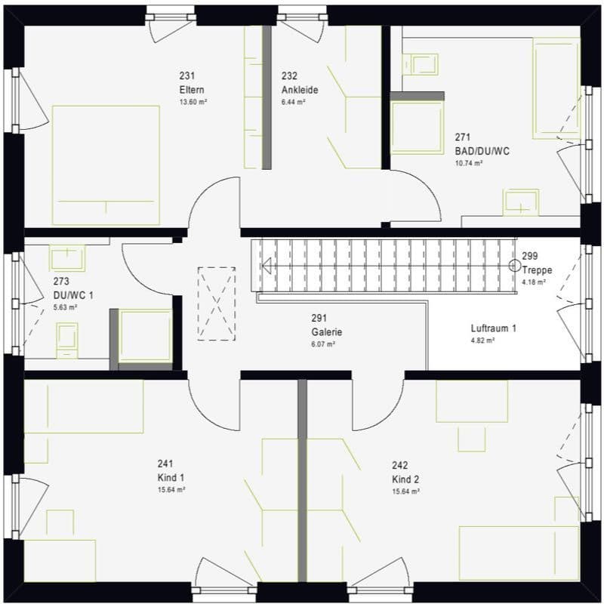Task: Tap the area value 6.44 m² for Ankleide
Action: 294,102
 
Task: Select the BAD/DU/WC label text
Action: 482,151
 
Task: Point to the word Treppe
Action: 538,270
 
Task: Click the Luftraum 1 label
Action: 493,329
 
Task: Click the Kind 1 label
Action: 171,478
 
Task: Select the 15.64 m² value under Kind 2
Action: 406,491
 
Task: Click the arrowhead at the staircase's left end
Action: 267,264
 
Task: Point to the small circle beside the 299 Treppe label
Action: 514,264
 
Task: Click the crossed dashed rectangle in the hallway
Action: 217,304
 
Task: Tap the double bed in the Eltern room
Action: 106,165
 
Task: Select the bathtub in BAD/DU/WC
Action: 556,88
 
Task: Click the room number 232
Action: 289,76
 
